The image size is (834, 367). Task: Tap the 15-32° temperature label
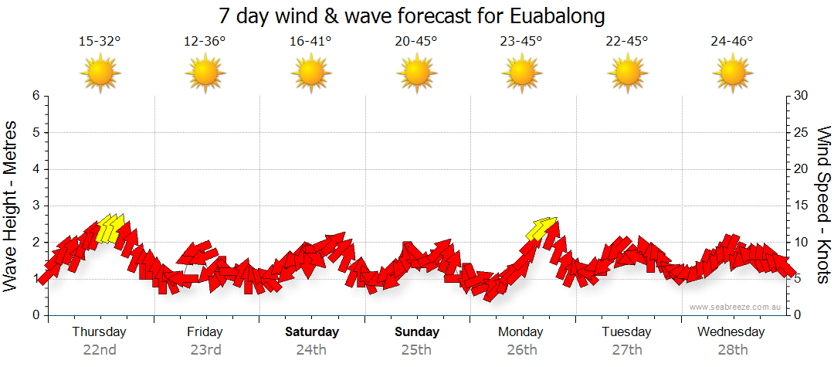coord(100,41)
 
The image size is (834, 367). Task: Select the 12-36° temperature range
coord(205,41)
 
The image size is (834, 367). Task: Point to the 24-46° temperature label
coord(732,41)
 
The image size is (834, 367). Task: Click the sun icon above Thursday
coord(100,73)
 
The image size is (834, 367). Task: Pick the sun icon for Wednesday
coord(732,73)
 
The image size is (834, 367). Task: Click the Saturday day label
coord(311,332)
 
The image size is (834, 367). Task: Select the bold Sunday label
coord(417,332)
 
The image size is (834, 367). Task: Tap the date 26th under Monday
coord(522,349)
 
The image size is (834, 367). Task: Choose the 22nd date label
coord(100,349)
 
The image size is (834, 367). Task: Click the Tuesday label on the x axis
coord(627,332)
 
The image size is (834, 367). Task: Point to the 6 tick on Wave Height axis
coord(36,96)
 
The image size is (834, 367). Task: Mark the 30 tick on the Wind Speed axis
coord(802,96)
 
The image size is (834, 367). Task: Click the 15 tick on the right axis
coord(802,206)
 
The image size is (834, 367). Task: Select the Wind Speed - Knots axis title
coord(823,205)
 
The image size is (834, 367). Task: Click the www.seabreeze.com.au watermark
coord(736,307)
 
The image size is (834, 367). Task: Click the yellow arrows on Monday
coord(541,227)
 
